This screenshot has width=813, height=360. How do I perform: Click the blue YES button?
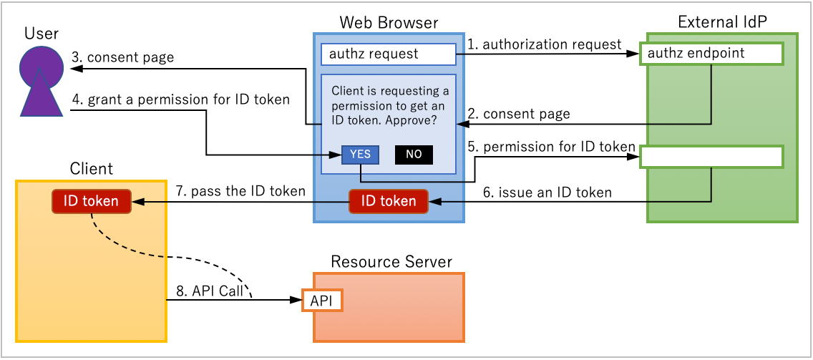coord(360,155)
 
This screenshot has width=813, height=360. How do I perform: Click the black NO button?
coord(414,155)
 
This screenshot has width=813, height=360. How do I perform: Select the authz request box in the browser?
coord(389,54)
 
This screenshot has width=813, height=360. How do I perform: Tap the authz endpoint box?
coord(711,54)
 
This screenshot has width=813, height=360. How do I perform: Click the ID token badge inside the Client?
coord(91,202)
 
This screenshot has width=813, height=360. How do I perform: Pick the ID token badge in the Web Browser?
coord(389,202)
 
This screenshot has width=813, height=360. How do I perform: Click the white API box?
coord(322,301)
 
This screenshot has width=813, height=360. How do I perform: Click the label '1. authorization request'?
coord(545,44)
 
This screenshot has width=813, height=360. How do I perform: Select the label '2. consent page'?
coord(519,114)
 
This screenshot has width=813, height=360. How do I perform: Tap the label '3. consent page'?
coord(122,57)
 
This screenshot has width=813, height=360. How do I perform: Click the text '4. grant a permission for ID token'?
coord(181,99)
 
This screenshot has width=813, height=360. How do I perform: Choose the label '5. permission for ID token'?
coord(552,147)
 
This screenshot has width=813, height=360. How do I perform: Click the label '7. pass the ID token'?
coord(240,191)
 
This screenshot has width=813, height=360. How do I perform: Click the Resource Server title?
coord(391,262)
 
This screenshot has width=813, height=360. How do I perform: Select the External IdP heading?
coord(721,23)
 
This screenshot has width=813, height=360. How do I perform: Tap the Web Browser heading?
coord(389,23)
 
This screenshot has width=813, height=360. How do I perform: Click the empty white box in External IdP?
coord(711,157)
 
